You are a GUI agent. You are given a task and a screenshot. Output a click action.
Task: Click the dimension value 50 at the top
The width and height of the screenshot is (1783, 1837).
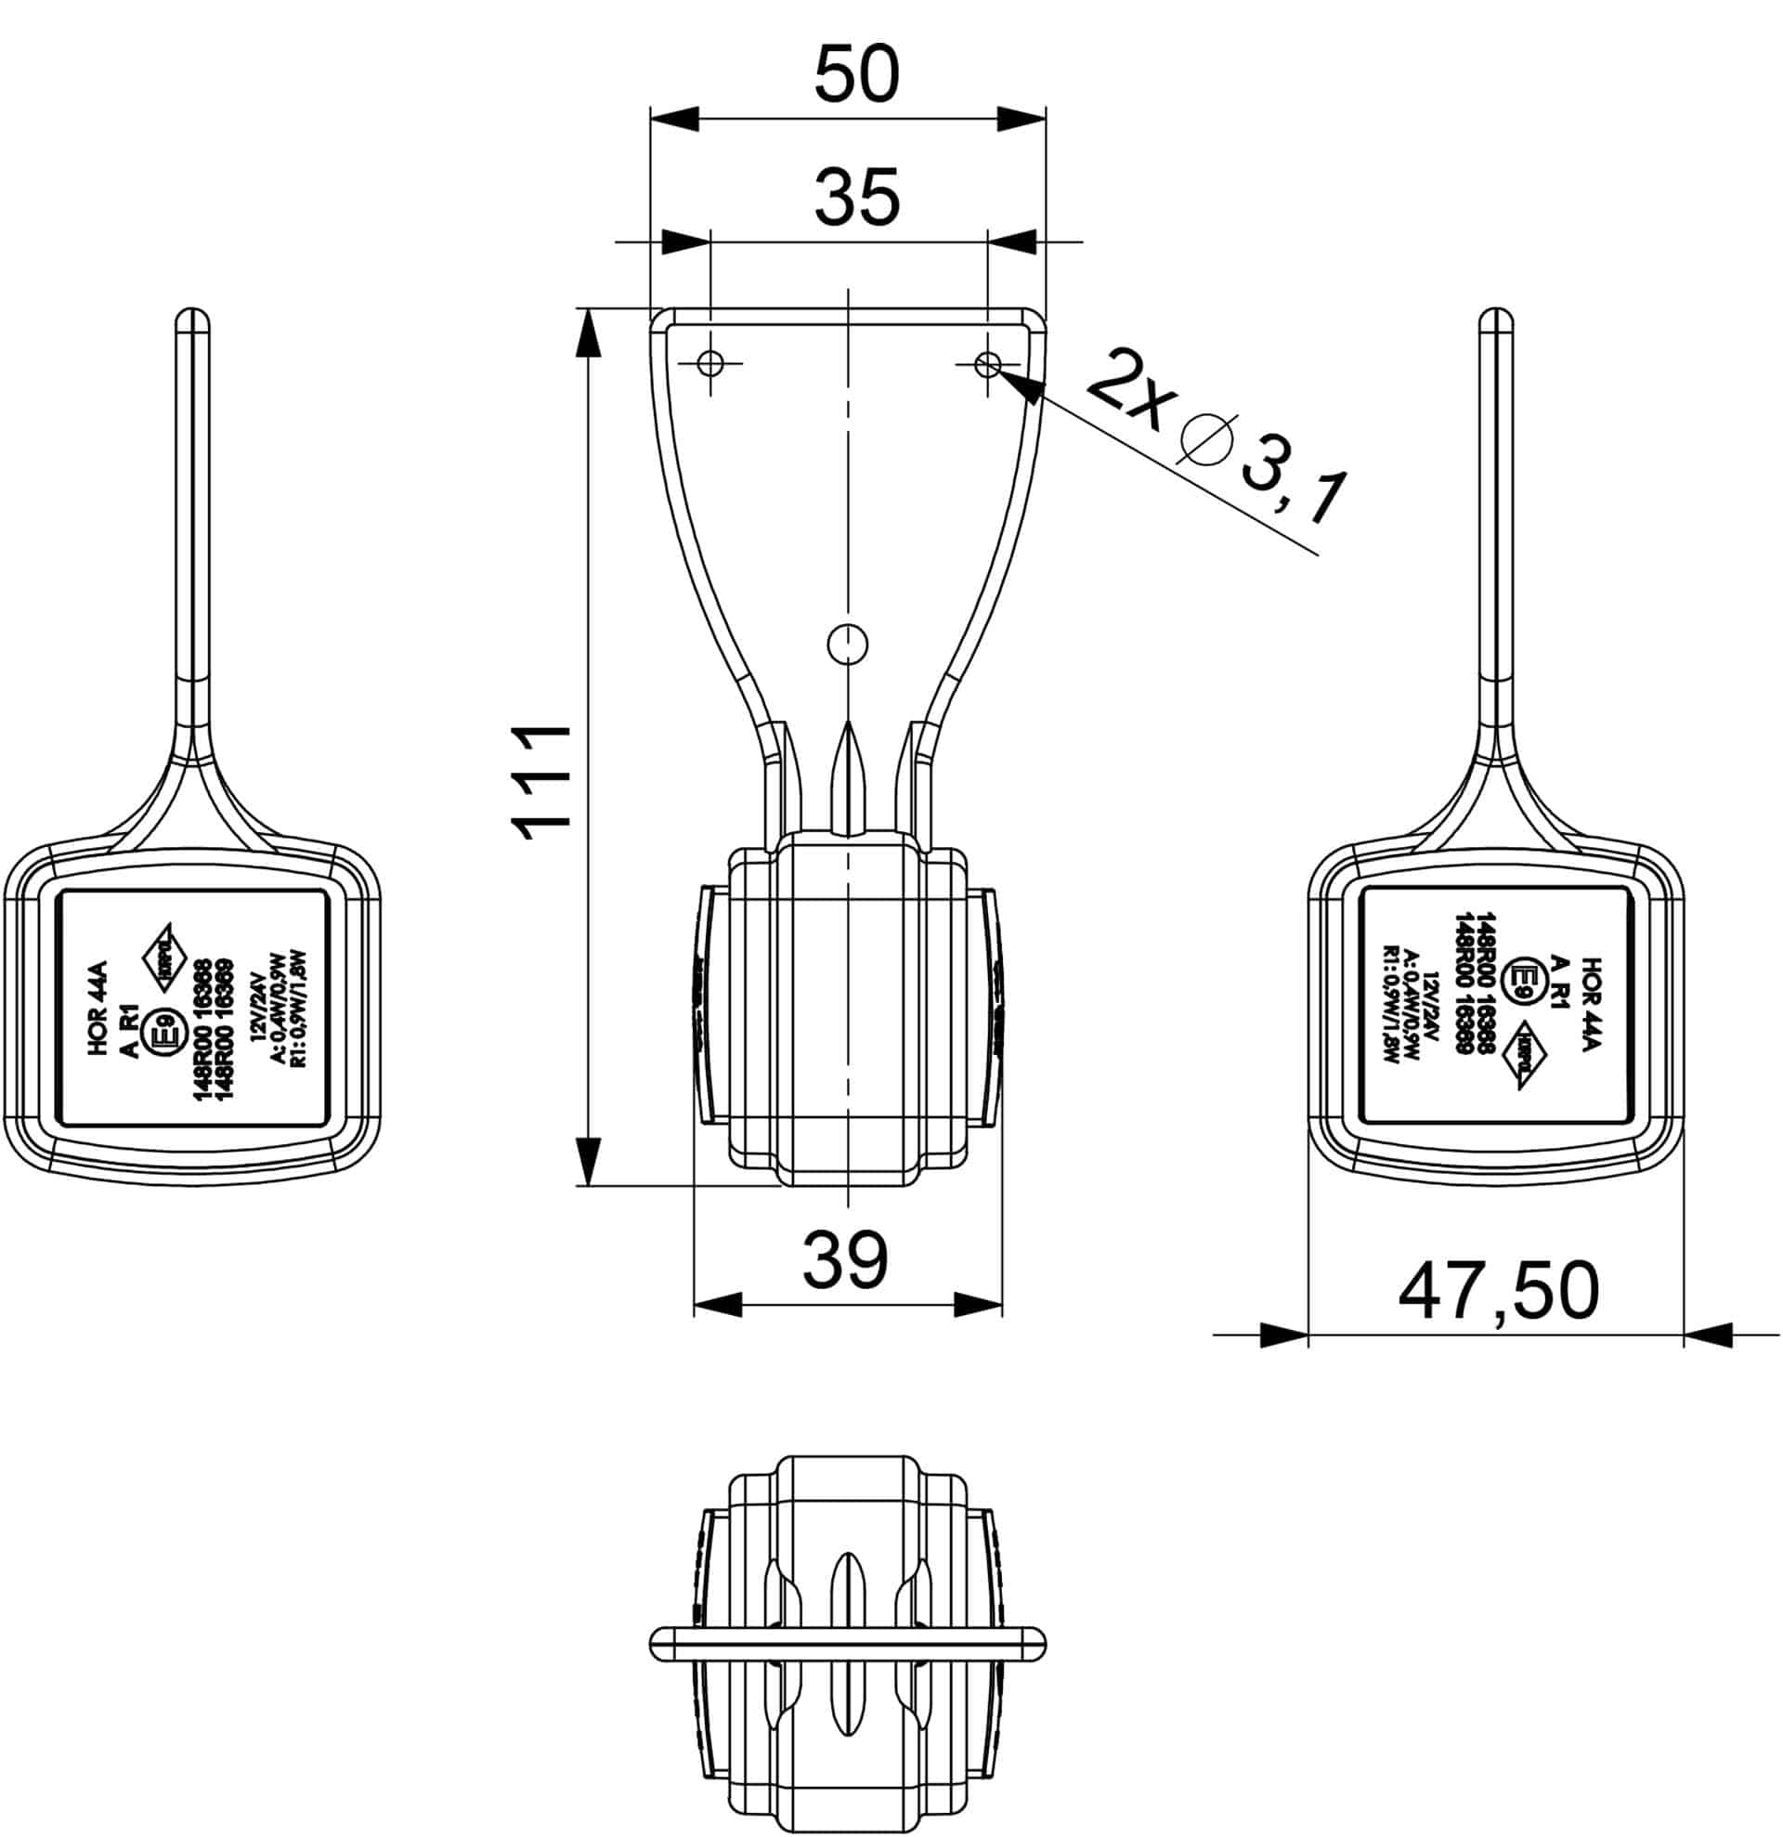(856, 75)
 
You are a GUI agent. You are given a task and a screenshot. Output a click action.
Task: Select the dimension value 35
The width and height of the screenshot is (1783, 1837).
(856, 198)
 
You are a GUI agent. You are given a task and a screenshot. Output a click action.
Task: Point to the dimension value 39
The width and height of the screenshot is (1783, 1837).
(845, 1260)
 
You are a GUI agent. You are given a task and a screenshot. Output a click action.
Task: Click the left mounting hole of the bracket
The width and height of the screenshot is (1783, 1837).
(711, 363)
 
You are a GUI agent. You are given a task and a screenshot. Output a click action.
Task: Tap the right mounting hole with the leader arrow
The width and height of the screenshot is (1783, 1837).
(987, 363)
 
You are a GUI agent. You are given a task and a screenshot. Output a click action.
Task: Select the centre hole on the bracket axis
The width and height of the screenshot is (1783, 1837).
(848, 644)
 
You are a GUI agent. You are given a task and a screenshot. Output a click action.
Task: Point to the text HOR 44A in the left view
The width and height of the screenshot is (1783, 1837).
(99, 1009)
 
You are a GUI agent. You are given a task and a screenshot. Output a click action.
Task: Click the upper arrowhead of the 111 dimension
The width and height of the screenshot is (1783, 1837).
(588, 332)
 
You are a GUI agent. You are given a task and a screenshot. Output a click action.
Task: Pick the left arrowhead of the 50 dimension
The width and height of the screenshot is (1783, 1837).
(674, 119)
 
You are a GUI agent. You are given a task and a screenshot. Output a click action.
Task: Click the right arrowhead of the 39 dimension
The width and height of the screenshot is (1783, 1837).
(978, 1305)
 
